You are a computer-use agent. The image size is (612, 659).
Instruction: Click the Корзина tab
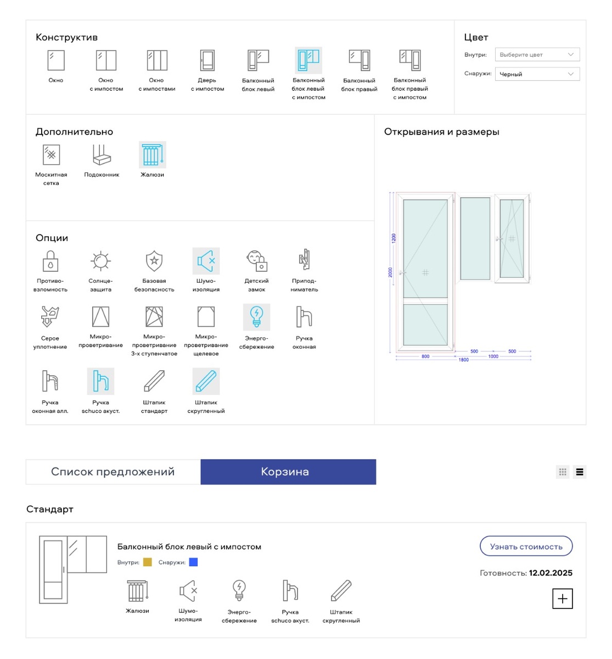pyautogui.click(x=288, y=472)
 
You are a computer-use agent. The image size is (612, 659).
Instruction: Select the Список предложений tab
pyautogui.click(x=113, y=472)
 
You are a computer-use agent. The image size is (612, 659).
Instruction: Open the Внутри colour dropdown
pyautogui.click(x=537, y=54)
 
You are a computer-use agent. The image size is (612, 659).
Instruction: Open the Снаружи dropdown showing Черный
pyautogui.click(x=537, y=74)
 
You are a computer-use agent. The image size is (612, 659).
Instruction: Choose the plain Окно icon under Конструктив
pyautogui.click(x=56, y=60)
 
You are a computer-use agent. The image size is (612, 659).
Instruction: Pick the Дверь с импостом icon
pyautogui.click(x=207, y=60)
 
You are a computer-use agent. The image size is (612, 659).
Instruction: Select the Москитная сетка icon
pyautogui.click(x=51, y=155)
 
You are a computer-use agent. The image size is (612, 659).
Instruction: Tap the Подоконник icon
pyautogui.click(x=102, y=155)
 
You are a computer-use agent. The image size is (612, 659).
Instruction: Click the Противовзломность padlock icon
pyautogui.click(x=50, y=261)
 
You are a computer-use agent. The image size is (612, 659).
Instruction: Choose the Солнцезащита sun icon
pyautogui.click(x=100, y=261)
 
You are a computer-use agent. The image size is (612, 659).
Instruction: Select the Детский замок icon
pyautogui.click(x=257, y=261)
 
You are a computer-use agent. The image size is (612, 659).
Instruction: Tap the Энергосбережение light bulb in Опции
pyautogui.click(x=256, y=317)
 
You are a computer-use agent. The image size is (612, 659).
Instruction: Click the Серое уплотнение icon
pyautogui.click(x=50, y=316)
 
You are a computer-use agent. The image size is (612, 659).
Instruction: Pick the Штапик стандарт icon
pyautogui.click(x=154, y=381)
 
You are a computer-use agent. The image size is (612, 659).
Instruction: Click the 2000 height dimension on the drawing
pyautogui.click(x=390, y=272)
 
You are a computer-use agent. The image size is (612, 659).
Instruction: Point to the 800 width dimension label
pyautogui.click(x=425, y=356)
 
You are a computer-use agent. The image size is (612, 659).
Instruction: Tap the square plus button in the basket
pyautogui.click(x=562, y=599)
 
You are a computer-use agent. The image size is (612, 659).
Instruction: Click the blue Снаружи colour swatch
pyautogui.click(x=193, y=562)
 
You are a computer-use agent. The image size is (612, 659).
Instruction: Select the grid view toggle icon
pyautogui.click(x=563, y=472)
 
